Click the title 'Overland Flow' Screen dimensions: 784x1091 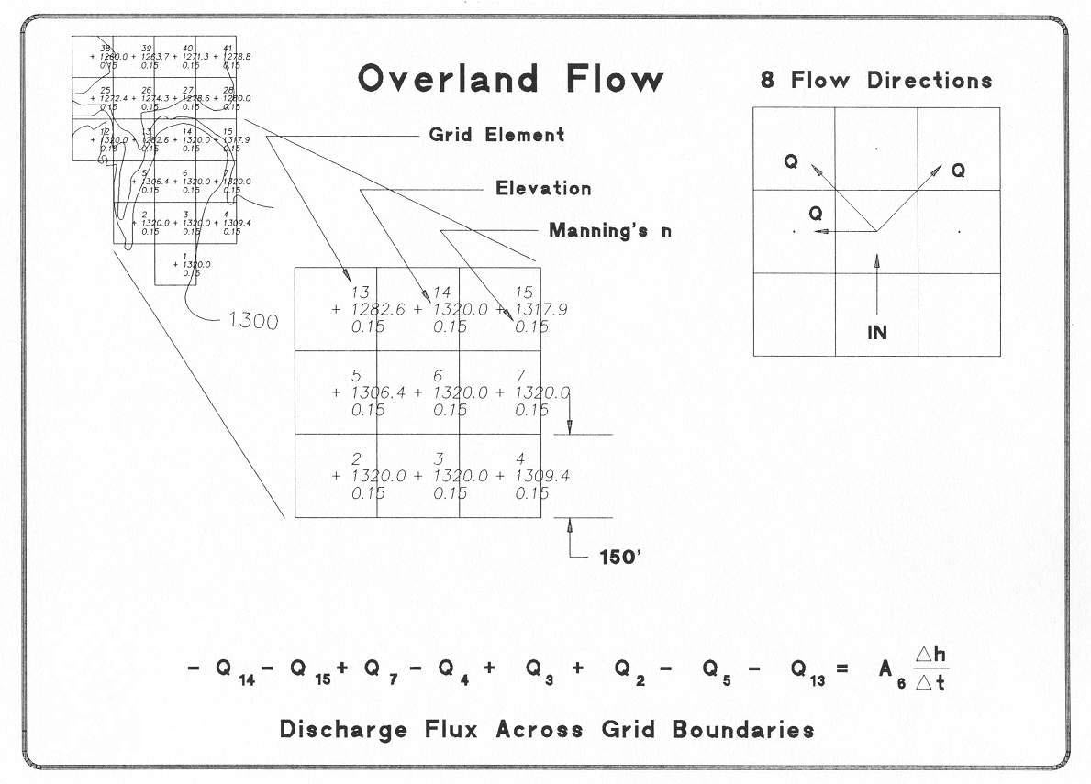click(510, 79)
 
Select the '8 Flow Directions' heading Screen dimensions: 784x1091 click(875, 80)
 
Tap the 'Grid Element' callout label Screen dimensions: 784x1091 click(496, 135)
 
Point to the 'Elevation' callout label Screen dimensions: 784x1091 click(543, 189)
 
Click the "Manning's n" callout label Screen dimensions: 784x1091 click(609, 230)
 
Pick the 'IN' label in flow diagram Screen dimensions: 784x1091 click(877, 333)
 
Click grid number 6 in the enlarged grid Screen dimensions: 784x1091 click(438, 375)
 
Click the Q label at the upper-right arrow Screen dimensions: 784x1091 click(958, 171)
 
